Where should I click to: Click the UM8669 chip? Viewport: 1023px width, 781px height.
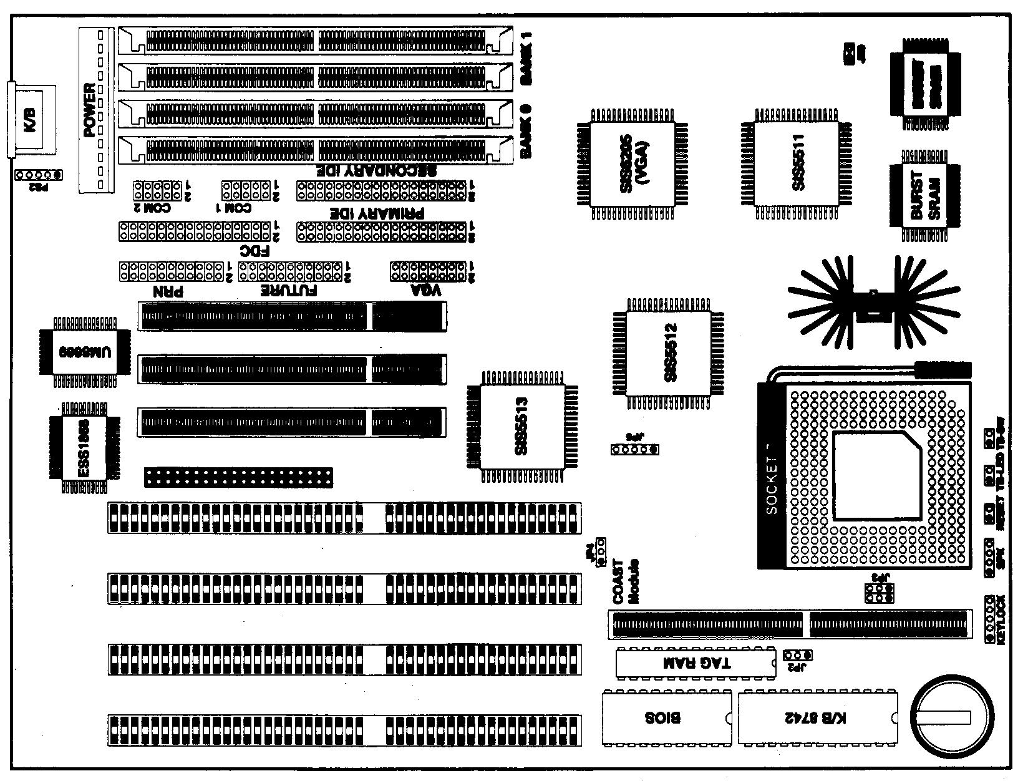pyautogui.click(x=78, y=352)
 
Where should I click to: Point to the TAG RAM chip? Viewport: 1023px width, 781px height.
pyautogui.click(x=696, y=662)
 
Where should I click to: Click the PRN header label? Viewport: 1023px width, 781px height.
pyautogui.click(x=168, y=291)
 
